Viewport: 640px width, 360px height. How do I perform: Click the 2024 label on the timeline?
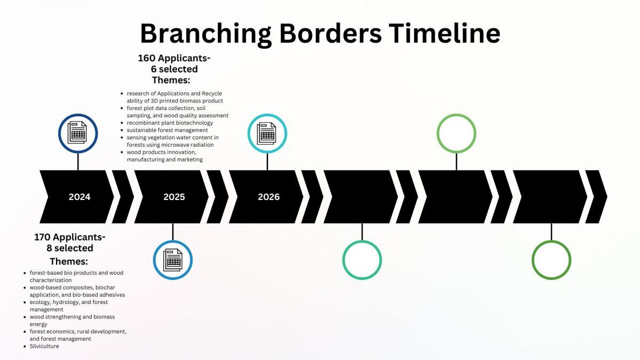[x=79, y=197]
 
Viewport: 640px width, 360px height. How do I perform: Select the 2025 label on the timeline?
[x=174, y=197]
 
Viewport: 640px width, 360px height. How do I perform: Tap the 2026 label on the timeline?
[x=269, y=197]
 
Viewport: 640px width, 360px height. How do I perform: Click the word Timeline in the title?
[x=444, y=33]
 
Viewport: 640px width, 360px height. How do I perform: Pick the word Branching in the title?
[x=205, y=34]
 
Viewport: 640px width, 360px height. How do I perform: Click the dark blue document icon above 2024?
[x=78, y=133]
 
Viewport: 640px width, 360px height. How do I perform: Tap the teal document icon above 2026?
[x=267, y=133]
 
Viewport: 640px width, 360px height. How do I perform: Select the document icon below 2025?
[x=173, y=260]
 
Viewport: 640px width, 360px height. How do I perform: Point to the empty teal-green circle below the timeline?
[x=362, y=242]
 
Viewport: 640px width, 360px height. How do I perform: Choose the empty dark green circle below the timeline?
[x=551, y=242]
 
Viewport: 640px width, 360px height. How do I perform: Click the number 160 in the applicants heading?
[x=147, y=58]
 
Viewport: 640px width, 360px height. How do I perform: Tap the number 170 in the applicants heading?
[x=43, y=237]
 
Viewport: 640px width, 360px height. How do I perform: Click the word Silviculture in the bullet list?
[x=44, y=346]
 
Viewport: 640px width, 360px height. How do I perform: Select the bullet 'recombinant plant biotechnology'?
[x=170, y=123]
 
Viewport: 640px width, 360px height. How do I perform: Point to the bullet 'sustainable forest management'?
[x=167, y=130]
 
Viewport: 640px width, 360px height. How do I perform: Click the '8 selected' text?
[x=70, y=248]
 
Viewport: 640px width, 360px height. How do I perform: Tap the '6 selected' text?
[x=174, y=69]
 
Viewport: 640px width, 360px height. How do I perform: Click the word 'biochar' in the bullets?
[x=105, y=287]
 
